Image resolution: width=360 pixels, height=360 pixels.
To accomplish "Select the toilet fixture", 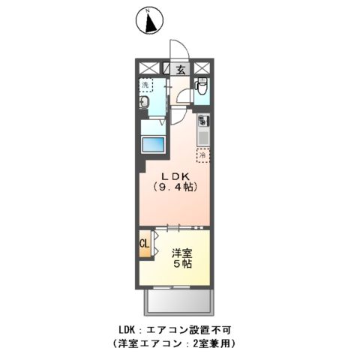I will click(x=201, y=90).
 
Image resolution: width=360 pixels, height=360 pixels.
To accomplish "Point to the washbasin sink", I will click(x=147, y=104).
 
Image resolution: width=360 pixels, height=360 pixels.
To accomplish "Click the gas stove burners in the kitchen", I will click(x=203, y=120).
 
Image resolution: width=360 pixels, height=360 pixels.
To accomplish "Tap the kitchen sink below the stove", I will click(x=203, y=137).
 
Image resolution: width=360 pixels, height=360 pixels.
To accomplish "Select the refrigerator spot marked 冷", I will click(x=202, y=156).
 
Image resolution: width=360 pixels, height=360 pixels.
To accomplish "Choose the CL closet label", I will click(x=143, y=243).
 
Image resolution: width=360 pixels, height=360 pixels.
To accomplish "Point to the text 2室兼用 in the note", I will click(x=214, y=343).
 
